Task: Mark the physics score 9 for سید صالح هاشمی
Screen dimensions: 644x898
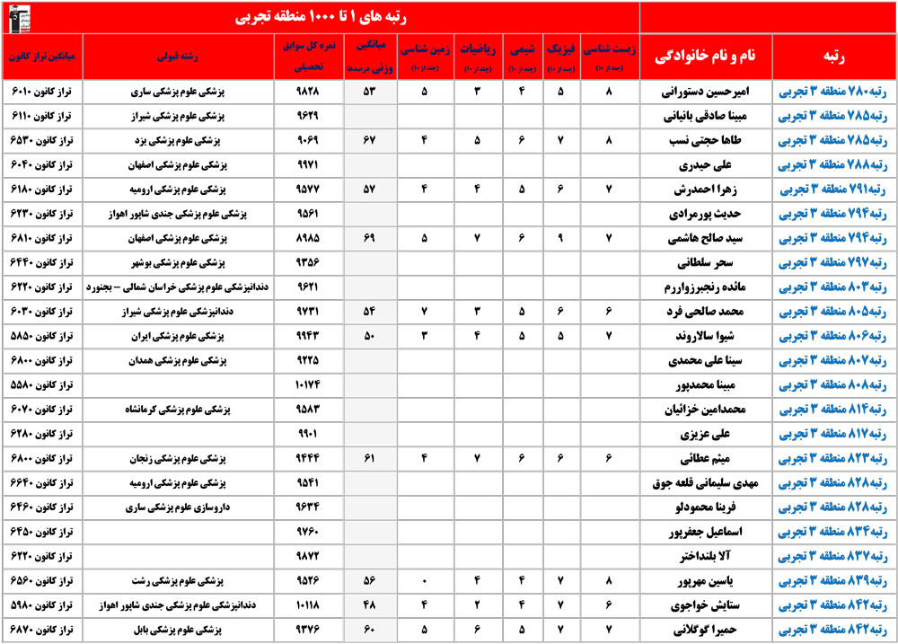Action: pos(559,240)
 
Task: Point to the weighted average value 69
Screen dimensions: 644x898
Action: pos(368,240)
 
